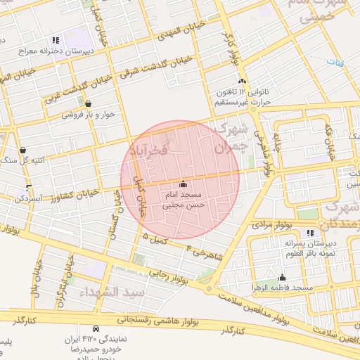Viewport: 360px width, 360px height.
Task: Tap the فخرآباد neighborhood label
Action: (149, 150)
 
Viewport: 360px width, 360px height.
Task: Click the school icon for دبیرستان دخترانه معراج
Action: (56, 41)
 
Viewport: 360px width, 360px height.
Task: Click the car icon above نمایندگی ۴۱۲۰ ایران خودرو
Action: (95, 328)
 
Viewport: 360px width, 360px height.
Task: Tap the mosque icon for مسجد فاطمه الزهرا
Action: (282, 277)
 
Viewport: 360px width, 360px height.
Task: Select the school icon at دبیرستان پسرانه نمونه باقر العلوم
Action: (311, 233)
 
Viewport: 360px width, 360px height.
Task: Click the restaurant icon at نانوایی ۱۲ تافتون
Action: (242, 82)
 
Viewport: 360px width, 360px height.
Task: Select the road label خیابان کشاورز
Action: (75, 194)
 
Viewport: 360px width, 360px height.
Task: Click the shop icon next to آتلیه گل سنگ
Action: (23, 150)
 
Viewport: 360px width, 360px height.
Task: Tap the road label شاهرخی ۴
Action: (207, 252)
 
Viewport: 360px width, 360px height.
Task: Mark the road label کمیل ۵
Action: (156, 240)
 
